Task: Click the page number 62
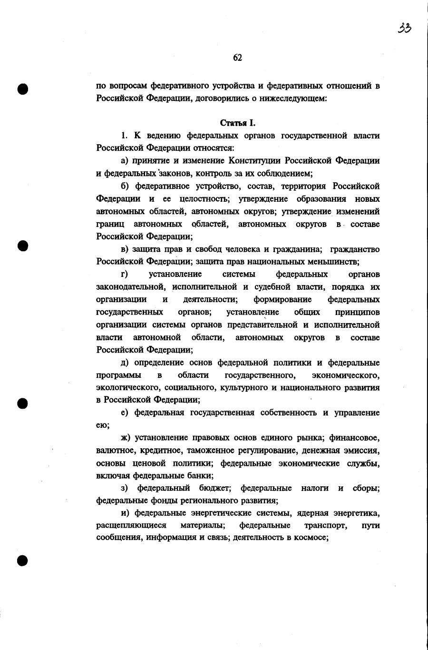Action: point(238,58)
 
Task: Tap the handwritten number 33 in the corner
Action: point(405,28)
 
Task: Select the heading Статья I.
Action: point(238,124)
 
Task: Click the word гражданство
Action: point(354,249)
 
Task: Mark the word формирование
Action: point(282,299)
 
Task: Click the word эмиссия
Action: point(364,450)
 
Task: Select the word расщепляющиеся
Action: point(131,525)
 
